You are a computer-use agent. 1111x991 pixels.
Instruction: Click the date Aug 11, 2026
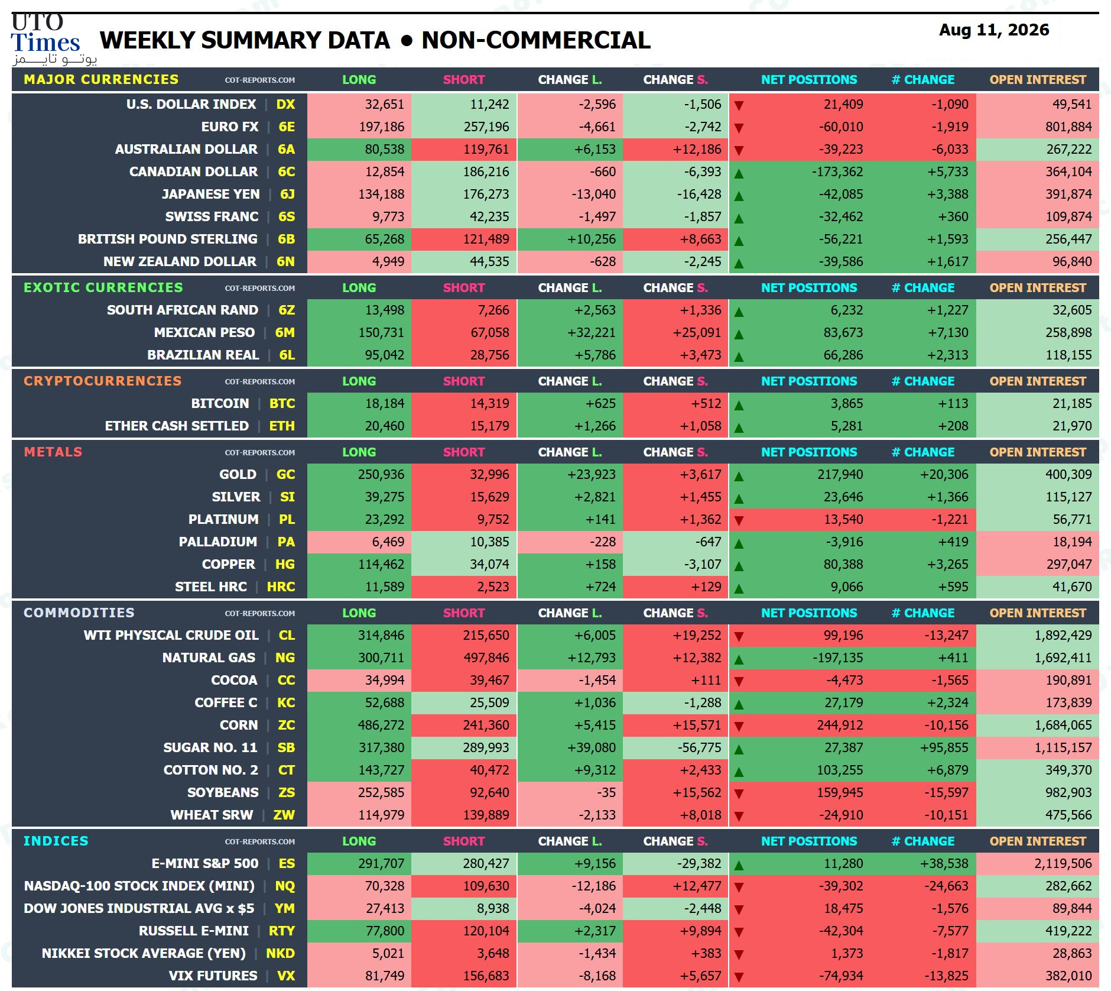[994, 30]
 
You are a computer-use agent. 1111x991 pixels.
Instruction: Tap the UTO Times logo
[53, 39]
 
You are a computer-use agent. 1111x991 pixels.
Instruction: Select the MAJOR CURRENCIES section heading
[101, 79]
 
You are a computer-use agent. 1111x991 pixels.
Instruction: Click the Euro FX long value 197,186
[381, 127]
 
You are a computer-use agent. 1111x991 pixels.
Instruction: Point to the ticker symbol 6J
[287, 194]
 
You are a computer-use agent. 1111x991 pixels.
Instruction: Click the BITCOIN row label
[220, 403]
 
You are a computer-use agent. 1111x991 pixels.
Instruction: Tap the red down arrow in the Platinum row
[739, 520]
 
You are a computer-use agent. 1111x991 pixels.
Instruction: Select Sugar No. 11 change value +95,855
[944, 747]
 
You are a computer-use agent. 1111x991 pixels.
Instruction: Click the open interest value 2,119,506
[1063, 863]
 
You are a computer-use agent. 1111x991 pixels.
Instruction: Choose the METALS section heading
[53, 452]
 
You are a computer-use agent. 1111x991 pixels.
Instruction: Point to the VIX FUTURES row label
[213, 976]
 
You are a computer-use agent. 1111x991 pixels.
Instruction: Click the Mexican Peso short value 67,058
[490, 332]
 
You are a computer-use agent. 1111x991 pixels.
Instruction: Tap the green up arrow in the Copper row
[739, 566]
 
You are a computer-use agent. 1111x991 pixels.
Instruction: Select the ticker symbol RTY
[282, 931]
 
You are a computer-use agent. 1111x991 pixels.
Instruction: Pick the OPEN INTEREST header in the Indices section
[1038, 841]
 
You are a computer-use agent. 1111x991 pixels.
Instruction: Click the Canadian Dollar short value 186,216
[486, 171]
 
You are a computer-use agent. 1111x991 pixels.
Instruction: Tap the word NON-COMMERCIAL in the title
[536, 40]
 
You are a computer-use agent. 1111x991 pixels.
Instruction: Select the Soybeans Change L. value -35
[606, 792]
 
